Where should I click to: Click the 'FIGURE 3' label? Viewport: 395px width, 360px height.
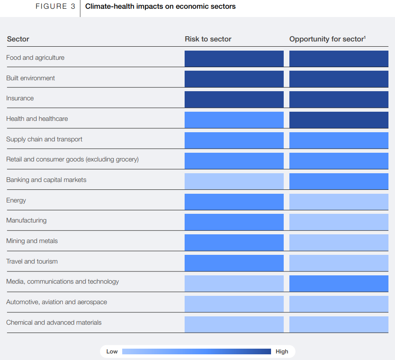click(55, 7)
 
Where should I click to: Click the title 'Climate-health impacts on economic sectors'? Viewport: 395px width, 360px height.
click(160, 7)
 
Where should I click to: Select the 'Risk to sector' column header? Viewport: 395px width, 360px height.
click(208, 39)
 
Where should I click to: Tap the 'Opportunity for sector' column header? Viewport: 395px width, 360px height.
click(327, 39)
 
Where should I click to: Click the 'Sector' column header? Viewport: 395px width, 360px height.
click(18, 39)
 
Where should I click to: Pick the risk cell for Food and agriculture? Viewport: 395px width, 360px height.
click(234, 58)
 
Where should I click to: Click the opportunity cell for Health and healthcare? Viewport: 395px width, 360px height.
click(339, 120)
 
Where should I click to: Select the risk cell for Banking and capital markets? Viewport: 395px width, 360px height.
click(234, 181)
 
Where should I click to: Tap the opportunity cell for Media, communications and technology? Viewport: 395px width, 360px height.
click(339, 283)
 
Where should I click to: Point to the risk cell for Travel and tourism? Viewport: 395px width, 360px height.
click(234, 263)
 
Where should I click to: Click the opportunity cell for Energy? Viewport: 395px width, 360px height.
click(339, 201)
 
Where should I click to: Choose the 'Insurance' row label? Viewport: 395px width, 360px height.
click(20, 99)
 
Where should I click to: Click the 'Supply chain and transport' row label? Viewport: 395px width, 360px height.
click(44, 139)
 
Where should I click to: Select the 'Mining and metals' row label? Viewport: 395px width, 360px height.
click(32, 241)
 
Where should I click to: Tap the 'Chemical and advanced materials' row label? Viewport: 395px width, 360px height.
click(54, 322)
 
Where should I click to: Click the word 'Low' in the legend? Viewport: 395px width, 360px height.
click(112, 352)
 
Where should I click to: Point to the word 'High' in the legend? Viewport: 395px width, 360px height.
click(282, 352)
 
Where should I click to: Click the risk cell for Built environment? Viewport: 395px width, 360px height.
click(234, 79)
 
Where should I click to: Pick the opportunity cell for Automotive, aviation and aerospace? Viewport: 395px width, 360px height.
click(339, 303)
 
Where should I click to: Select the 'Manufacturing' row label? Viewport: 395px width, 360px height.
click(26, 221)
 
